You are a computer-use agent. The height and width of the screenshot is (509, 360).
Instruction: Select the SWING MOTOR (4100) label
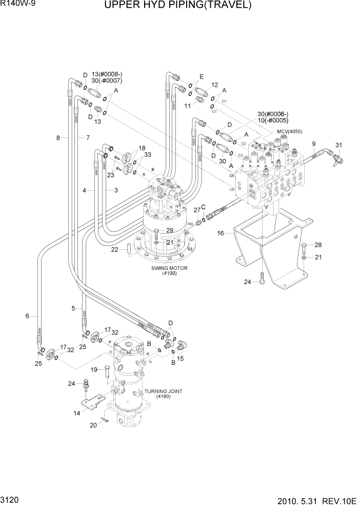(x=169, y=271)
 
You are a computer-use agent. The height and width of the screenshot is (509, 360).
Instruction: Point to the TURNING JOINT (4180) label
(x=163, y=394)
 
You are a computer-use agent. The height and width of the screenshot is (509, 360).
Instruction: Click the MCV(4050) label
(x=290, y=132)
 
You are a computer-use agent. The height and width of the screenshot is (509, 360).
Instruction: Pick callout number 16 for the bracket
(x=221, y=233)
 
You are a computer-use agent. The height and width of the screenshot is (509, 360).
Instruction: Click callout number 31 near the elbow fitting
(x=338, y=145)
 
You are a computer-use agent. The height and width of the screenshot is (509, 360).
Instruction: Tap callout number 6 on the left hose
(x=27, y=316)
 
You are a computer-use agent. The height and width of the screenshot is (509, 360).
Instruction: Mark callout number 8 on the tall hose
(x=58, y=138)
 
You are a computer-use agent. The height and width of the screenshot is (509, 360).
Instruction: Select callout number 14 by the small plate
(x=77, y=413)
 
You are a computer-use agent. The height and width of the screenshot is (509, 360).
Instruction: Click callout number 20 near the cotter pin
(x=93, y=425)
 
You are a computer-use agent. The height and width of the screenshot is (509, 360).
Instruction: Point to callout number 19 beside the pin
(x=94, y=369)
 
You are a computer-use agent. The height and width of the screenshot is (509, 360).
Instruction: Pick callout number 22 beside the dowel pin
(x=115, y=249)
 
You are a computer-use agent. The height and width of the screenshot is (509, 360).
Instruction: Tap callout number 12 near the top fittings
(x=214, y=85)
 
